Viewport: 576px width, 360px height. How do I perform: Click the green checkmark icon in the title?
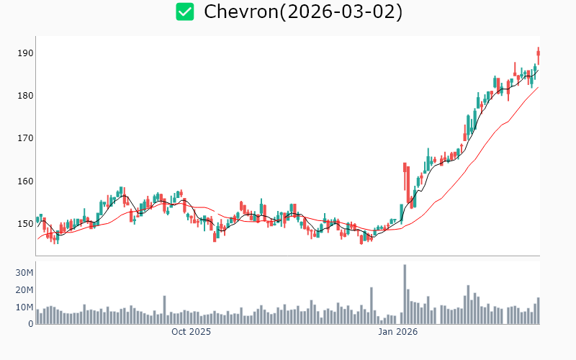tap(185, 12)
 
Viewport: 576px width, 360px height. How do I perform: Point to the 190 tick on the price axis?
tap(26, 53)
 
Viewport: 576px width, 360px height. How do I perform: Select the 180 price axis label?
tap(26, 96)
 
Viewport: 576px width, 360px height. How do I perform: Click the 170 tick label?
tap(26, 138)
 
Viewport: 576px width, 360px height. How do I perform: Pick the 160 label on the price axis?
tap(26, 181)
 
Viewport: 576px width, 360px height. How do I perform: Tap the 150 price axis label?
tap(26, 223)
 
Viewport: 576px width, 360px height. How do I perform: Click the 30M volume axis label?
tap(24, 273)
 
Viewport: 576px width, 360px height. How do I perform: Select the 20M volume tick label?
tap(24, 290)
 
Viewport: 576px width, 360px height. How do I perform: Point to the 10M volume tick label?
tap(24, 307)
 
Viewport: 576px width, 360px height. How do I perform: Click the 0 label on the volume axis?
tap(31, 324)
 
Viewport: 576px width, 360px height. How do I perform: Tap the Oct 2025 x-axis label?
tap(191, 333)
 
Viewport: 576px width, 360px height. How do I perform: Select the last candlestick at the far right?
tap(538, 55)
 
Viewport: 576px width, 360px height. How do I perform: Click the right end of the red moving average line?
tap(538, 88)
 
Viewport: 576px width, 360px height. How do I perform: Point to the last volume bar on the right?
tap(538, 310)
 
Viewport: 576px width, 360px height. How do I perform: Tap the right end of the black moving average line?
tap(538, 69)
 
